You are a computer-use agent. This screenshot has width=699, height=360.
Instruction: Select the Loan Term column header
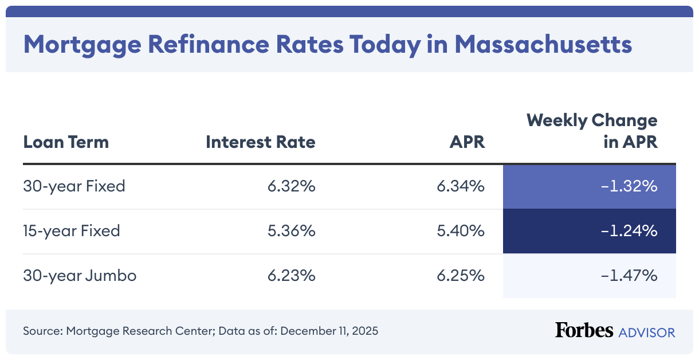point(66,142)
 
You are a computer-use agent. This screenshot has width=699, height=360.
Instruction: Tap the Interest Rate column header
point(260,142)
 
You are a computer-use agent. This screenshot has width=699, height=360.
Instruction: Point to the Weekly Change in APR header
point(592,131)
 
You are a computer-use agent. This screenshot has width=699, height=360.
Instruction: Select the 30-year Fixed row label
point(74,186)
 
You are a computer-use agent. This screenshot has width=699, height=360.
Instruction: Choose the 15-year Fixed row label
point(72,231)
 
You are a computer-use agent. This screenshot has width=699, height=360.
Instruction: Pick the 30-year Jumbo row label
point(80,276)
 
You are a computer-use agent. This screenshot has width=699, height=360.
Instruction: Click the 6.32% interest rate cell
point(291,186)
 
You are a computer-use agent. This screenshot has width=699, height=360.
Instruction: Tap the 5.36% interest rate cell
point(291,231)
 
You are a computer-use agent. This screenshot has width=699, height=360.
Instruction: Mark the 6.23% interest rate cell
point(291,276)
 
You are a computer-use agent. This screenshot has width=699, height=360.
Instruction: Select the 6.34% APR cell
point(461,186)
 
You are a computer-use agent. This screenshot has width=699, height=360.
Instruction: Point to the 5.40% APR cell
point(461,231)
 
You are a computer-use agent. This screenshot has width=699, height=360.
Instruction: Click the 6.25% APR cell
point(461,276)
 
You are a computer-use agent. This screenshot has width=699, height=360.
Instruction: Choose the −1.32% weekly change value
point(629,186)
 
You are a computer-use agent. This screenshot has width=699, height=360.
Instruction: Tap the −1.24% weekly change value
point(629,231)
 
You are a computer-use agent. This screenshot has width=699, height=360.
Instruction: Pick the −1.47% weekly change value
point(629,276)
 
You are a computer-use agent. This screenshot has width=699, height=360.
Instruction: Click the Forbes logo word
point(583,331)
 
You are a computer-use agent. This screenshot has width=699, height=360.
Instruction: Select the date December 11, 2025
point(329,331)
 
